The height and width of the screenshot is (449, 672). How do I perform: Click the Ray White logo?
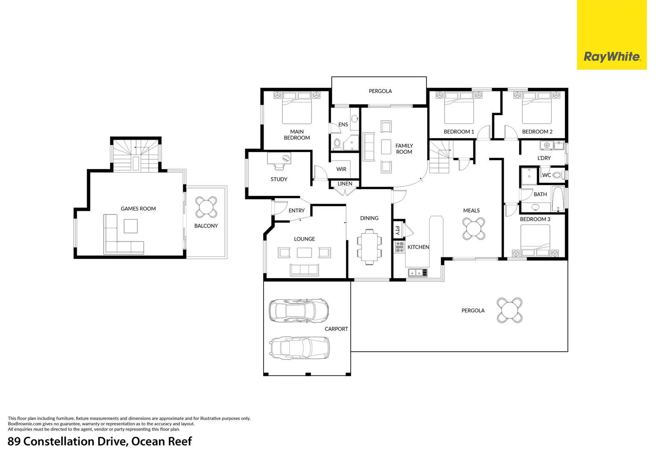point(612,35)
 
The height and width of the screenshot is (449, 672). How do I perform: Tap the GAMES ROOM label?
point(138,208)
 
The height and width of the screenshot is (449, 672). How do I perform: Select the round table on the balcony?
point(206,207)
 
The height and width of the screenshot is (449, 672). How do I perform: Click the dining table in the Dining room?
point(369,247)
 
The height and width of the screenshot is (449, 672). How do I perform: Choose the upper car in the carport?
point(299,310)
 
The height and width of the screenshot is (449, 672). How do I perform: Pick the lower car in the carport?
point(299,348)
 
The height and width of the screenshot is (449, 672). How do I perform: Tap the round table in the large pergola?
point(509,310)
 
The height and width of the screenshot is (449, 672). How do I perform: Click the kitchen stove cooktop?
point(399,247)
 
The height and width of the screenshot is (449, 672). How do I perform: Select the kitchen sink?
point(418,273)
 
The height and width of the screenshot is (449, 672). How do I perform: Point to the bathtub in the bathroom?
point(558,199)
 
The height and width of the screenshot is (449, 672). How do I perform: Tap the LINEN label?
point(345,184)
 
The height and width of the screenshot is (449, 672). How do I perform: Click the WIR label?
point(341,169)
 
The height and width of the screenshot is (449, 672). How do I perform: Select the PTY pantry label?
point(398,230)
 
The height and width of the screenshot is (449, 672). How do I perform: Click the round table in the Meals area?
point(474,229)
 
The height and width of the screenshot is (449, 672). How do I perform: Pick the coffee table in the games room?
point(131,226)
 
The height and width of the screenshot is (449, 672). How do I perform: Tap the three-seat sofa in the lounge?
point(304,270)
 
